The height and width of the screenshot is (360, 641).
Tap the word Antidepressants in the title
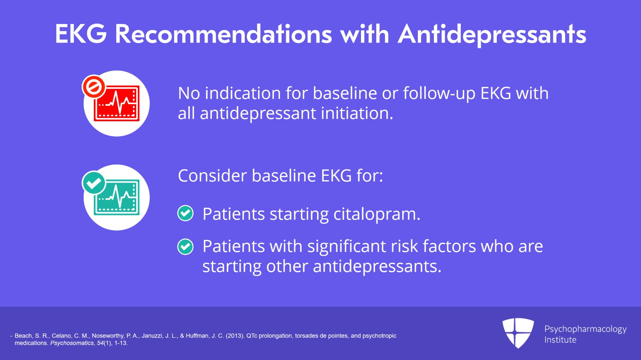(492, 34)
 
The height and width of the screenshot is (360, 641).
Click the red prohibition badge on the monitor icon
(94, 86)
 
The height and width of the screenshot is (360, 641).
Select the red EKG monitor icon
(117, 104)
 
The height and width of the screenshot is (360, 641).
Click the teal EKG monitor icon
(117, 198)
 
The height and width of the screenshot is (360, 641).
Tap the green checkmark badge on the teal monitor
(94, 183)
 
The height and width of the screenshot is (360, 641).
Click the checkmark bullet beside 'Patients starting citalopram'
(185, 213)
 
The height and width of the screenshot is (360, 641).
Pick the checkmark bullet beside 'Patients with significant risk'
(185, 247)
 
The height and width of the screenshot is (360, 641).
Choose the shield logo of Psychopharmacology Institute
(518, 332)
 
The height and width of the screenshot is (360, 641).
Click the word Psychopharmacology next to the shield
(585, 329)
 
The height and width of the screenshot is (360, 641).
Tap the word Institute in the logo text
(560, 340)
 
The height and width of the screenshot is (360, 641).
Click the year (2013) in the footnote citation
(235, 336)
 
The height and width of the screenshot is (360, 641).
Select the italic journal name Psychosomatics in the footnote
(72, 343)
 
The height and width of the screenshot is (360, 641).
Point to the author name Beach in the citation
(23, 336)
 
